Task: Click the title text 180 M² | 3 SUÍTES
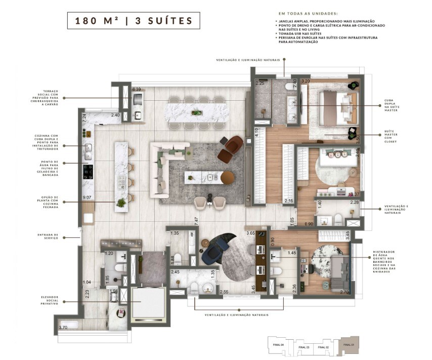point(134,21)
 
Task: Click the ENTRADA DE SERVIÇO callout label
point(48,236)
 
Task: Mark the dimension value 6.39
point(137,89)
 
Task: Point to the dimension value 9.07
point(87,197)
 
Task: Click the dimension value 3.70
point(63,328)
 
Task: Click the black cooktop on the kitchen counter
point(87,172)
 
